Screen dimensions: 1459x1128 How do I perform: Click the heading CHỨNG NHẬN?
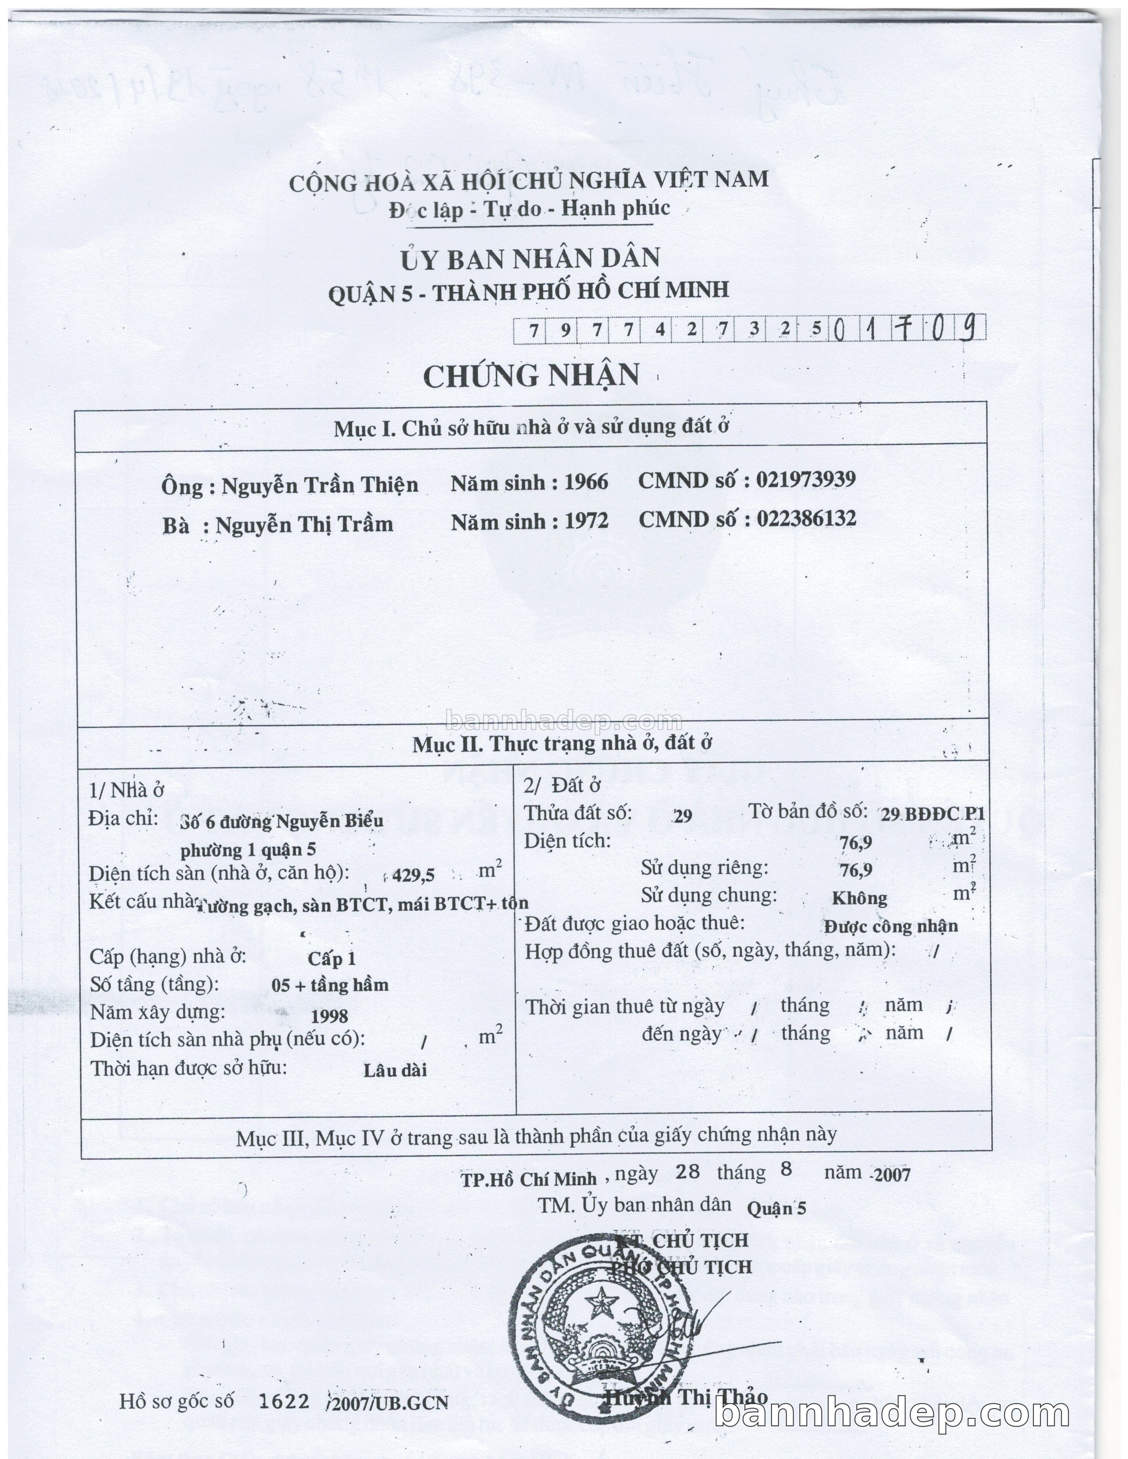531,375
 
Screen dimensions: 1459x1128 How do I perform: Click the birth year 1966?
586,482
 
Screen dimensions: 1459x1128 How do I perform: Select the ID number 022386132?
806,519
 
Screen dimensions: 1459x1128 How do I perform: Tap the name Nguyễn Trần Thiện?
319,485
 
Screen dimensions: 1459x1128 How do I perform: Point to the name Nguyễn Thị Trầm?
304,524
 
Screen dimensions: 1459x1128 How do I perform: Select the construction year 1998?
330,1016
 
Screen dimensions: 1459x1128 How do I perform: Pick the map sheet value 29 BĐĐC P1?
932,814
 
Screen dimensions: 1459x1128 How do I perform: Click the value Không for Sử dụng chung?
859,898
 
